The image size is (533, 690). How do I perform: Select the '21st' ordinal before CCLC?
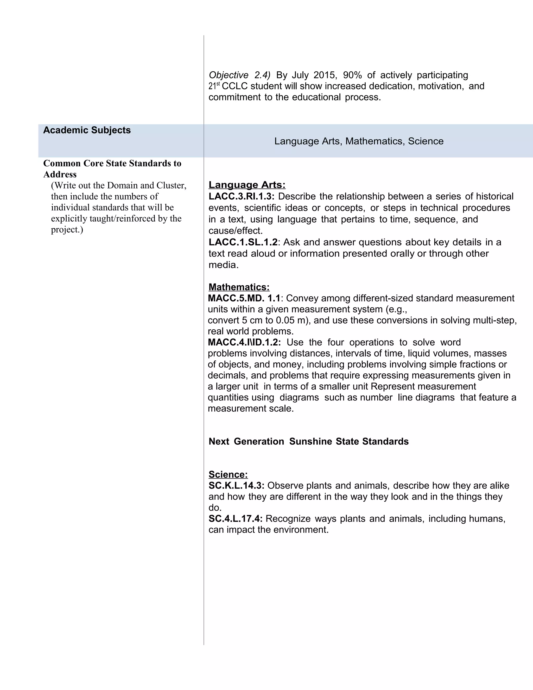[x=214, y=86]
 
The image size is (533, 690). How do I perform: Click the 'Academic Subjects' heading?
[x=87, y=130]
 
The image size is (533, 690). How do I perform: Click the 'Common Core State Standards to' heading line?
[x=112, y=163]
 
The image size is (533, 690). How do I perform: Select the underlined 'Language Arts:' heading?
[x=247, y=185]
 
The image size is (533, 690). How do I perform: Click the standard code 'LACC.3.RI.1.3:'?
[x=242, y=197]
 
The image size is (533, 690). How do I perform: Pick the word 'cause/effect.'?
[x=236, y=231]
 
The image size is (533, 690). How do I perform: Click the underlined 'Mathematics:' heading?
[x=239, y=287]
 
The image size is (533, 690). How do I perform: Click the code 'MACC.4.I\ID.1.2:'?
[x=244, y=342]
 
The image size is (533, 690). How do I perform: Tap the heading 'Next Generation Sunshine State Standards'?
[x=308, y=442]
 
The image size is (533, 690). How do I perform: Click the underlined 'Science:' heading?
[x=228, y=474]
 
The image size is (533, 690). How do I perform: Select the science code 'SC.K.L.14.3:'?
[x=237, y=486]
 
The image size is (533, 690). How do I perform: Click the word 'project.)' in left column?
[x=67, y=230]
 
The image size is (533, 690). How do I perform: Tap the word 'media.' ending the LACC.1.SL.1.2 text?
[x=224, y=265]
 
